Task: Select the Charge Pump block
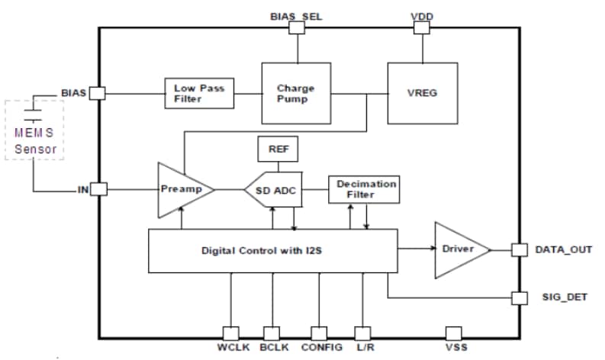click(x=294, y=93)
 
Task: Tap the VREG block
click(x=423, y=93)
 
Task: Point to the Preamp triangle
click(x=181, y=188)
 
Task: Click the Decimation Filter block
click(x=362, y=189)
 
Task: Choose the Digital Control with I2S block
click(x=272, y=249)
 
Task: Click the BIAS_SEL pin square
click(x=298, y=27)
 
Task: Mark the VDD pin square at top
click(x=422, y=27)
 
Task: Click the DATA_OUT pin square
click(x=520, y=249)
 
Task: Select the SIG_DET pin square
click(x=520, y=297)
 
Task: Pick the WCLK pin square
click(x=230, y=333)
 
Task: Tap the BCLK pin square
click(x=272, y=333)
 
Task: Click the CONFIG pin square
click(x=319, y=333)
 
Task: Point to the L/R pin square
click(x=363, y=333)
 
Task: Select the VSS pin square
click(x=453, y=333)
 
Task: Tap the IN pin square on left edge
click(x=99, y=188)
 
